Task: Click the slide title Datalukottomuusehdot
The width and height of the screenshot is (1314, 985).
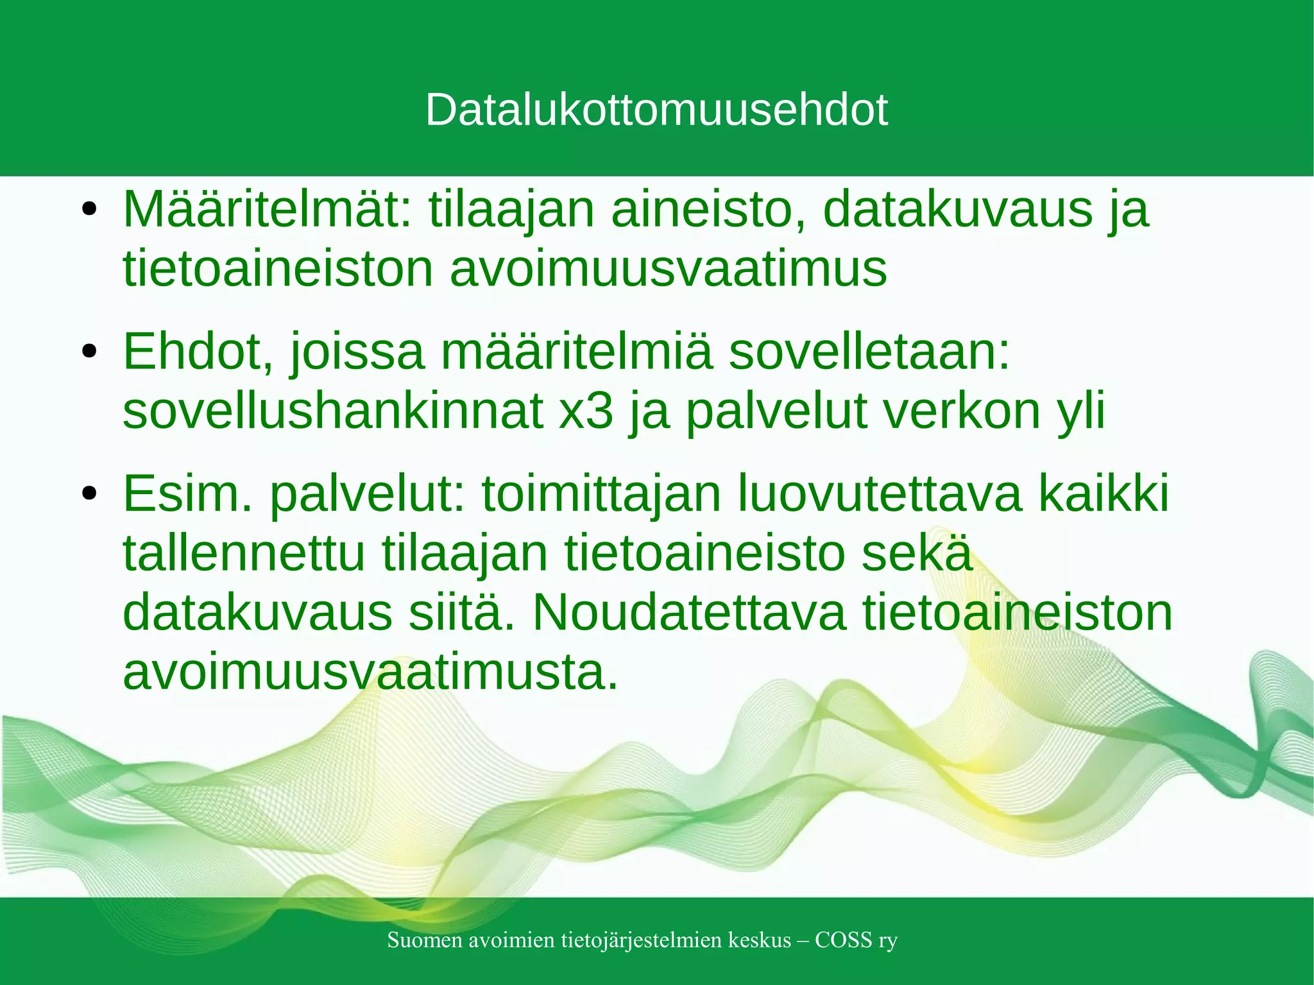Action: pos(656,110)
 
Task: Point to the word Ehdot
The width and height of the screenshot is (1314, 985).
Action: pos(198,352)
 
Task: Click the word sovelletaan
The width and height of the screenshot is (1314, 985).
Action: pos(869,352)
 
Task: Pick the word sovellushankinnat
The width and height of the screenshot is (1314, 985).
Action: pos(332,411)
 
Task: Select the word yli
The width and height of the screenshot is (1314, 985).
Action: pos(1080,413)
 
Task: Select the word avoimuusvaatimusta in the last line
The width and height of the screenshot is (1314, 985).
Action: pos(370,672)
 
